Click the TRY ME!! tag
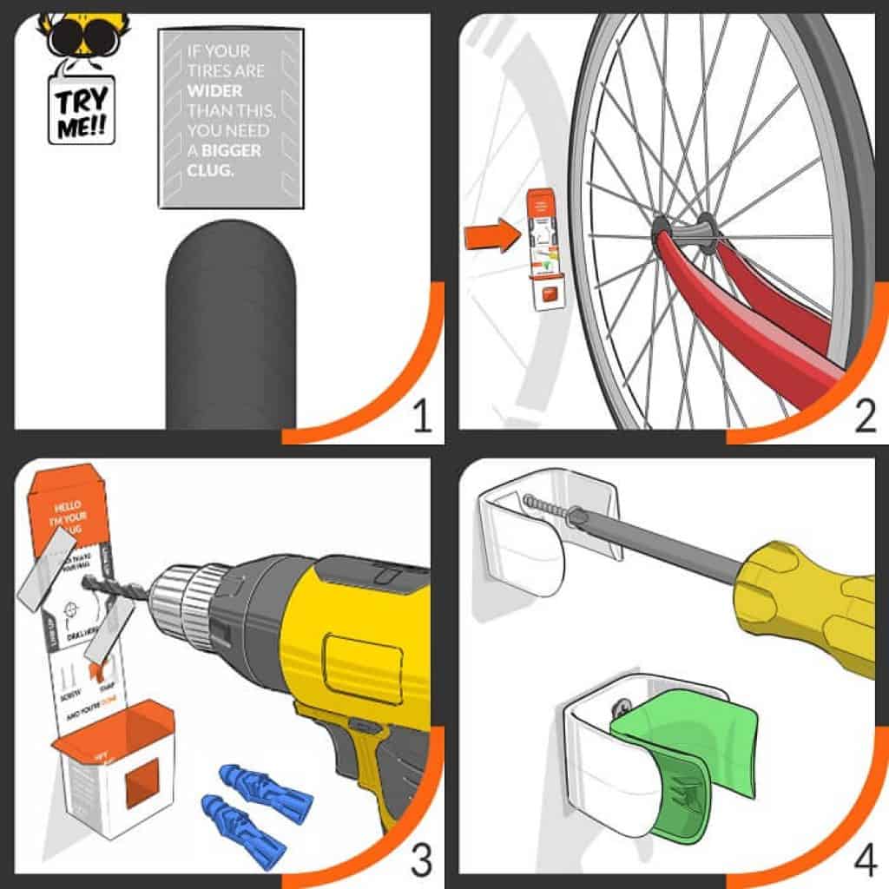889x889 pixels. click(81, 108)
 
